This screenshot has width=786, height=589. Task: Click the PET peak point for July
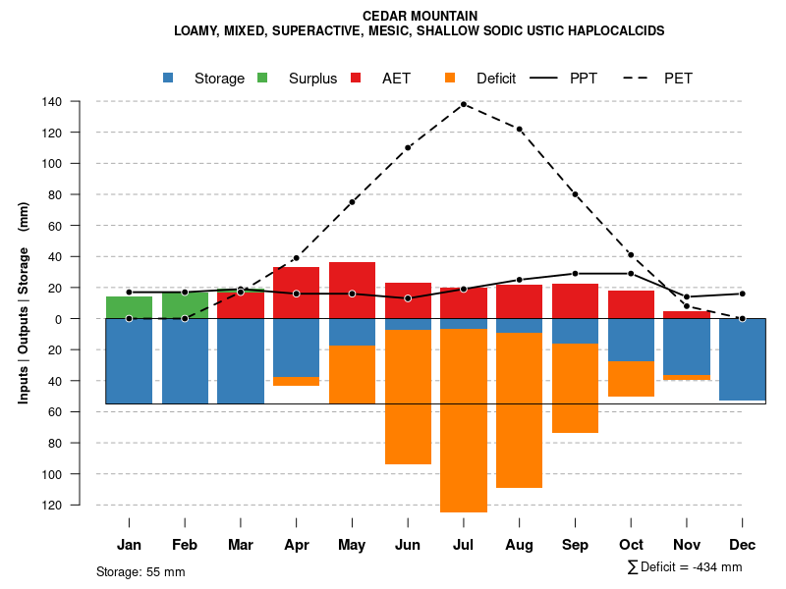[x=464, y=104]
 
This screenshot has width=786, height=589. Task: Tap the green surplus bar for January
[x=129, y=307]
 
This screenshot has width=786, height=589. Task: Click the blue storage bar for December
[x=742, y=359]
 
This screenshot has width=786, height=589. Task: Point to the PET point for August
[x=520, y=130]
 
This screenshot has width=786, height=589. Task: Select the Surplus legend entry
[x=301, y=79]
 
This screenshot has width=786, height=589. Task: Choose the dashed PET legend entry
[x=663, y=79]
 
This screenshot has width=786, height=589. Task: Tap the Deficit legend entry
[x=482, y=79]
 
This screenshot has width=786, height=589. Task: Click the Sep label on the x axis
[x=575, y=545]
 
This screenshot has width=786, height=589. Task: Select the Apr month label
[x=297, y=545]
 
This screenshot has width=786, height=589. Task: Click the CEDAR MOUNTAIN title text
[x=420, y=17]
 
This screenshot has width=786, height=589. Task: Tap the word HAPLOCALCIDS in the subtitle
[x=612, y=31]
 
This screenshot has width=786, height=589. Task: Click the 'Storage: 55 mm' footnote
[x=140, y=571]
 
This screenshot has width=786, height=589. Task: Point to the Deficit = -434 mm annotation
[x=685, y=567]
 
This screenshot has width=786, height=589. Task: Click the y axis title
[x=24, y=302]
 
